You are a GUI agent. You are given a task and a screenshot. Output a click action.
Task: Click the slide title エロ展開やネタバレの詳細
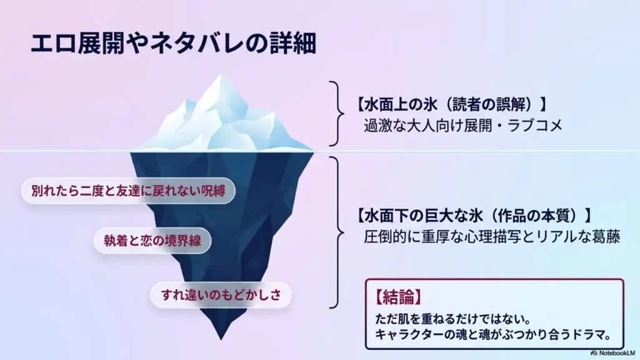tap(174, 43)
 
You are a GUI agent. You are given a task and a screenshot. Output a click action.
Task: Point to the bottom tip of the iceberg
tap(221, 339)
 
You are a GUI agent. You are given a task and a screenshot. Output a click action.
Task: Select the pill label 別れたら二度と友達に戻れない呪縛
tap(128, 191)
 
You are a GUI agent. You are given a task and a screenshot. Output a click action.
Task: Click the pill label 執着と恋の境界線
tap(152, 241)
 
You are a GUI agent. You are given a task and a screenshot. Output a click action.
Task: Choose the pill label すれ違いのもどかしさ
tap(221, 295)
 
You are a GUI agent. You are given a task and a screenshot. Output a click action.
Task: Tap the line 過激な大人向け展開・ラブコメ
tap(463, 126)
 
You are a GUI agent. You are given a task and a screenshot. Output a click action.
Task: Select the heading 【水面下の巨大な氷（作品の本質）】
tap(474, 216)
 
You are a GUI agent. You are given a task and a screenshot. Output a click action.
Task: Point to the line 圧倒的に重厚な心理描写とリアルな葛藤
tap(492, 237)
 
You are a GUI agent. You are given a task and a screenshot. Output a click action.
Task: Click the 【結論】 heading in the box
tap(398, 297)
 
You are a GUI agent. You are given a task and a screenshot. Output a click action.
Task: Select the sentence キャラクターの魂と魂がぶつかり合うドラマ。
tap(494, 335)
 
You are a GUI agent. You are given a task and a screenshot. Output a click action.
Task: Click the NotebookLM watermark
tap(613, 353)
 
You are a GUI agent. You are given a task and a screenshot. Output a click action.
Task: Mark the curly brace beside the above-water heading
tap(337, 114)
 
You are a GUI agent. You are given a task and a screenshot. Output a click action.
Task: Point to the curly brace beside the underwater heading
tap(337, 232)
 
